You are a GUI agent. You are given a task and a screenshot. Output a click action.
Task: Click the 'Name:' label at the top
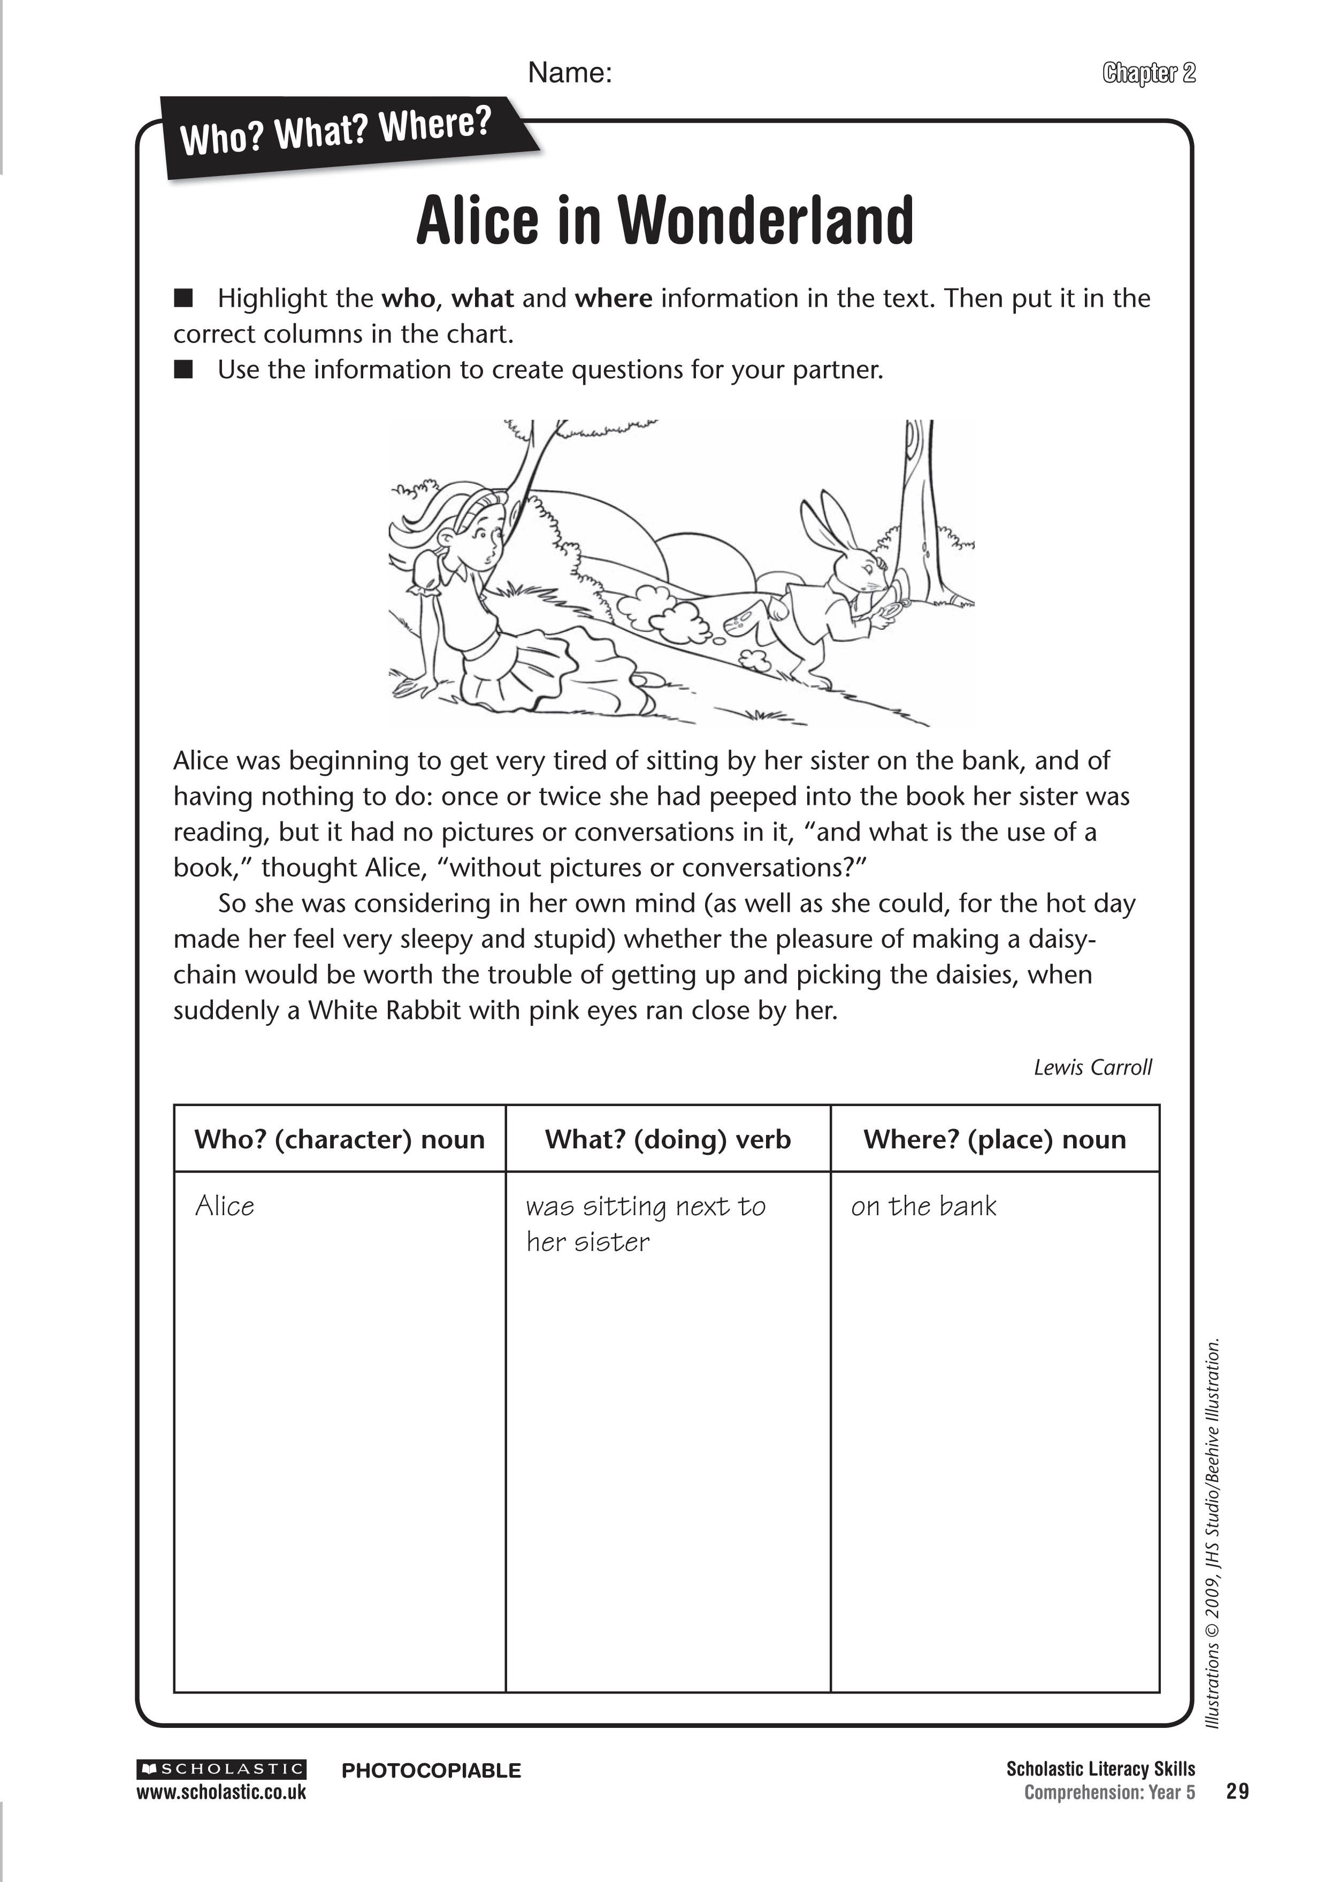(570, 73)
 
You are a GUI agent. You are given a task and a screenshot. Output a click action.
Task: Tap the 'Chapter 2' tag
(1149, 73)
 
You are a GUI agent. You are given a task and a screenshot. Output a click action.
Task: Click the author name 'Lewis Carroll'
(1092, 1068)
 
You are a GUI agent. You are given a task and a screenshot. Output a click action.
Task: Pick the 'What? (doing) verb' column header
(668, 1140)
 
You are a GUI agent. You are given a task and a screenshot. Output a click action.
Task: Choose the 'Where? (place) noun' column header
(994, 1140)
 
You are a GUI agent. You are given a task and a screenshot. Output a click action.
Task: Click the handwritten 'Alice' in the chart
(225, 1206)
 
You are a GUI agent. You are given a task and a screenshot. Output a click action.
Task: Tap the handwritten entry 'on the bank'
(923, 1206)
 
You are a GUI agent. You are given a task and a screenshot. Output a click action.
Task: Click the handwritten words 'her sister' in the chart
(588, 1242)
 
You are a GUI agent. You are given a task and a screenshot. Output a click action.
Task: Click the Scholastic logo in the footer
(221, 1769)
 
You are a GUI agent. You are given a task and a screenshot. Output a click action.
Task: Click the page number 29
(1238, 1792)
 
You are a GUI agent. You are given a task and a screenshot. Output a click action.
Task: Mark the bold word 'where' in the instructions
(614, 298)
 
